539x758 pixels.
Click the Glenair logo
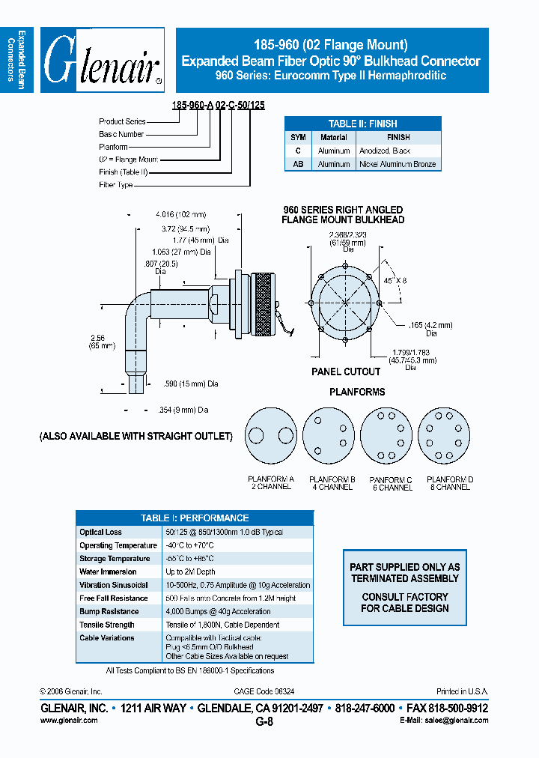tap(103, 60)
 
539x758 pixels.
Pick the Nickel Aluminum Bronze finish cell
tap(397, 164)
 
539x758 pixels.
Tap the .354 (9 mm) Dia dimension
tap(185, 410)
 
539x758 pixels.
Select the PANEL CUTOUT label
tap(346, 372)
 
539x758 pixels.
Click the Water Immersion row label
tap(108, 571)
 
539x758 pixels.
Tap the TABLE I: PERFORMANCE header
tap(195, 518)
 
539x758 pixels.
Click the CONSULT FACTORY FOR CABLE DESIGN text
tap(404, 603)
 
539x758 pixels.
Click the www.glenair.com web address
tap(68, 720)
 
